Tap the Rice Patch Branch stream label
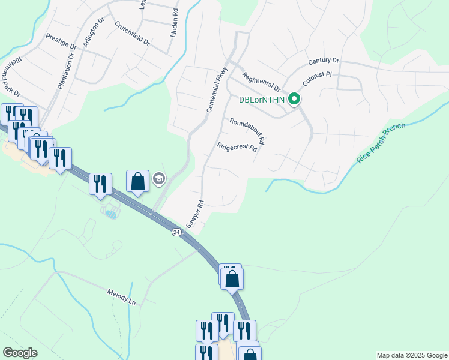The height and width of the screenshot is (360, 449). [x=382, y=143]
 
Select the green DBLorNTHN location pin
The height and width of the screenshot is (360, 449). [x=294, y=99]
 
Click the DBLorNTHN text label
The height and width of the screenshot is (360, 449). [x=262, y=100]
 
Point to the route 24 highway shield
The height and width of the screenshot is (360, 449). [x=176, y=232]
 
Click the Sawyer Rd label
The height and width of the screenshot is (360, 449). [x=195, y=214]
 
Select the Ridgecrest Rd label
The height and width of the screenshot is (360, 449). [x=237, y=147]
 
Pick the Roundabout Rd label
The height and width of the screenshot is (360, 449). [x=247, y=131]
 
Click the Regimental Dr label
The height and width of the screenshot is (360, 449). [x=262, y=82]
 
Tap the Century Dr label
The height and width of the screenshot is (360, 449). [x=324, y=61]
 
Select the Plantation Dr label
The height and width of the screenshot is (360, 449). [x=65, y=71]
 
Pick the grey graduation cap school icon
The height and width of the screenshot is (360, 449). [x=159, y=178]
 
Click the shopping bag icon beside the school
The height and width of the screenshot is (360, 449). [x=137, y=181]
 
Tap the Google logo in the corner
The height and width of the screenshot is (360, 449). [x=20, y=353]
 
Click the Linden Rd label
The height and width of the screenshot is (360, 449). [x=174, y=24]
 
